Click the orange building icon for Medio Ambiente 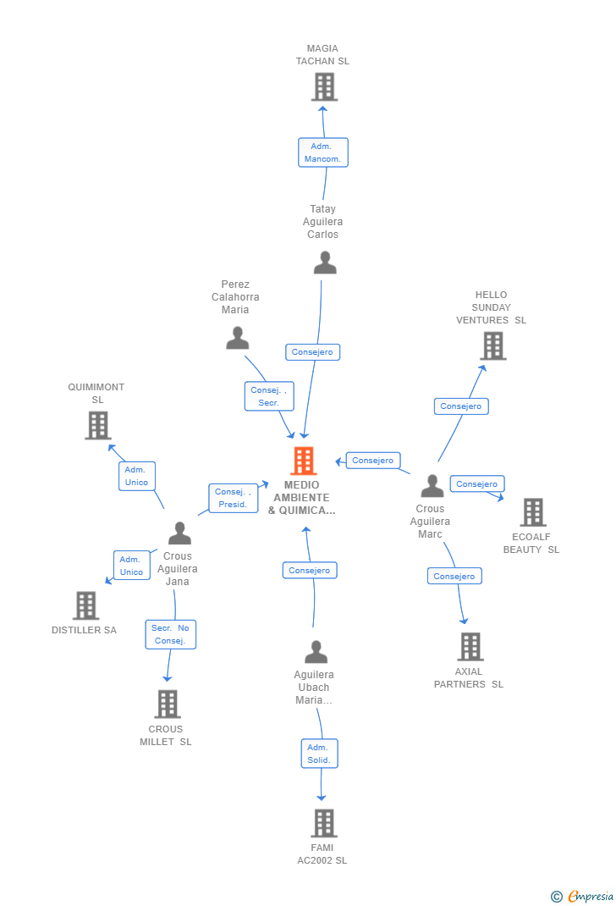303,461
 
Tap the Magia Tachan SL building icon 323,86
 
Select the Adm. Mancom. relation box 322,152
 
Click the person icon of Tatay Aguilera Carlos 325,262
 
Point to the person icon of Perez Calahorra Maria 238,338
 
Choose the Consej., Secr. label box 269,396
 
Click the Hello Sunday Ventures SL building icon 492,345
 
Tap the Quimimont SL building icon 98,425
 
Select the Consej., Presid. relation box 233,498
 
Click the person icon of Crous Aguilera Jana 179,533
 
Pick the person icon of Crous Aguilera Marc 432,486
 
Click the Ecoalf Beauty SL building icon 532,512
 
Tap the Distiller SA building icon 85,605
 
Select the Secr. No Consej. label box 170,634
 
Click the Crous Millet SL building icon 168,704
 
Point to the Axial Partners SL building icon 470,646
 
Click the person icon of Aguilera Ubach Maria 316,652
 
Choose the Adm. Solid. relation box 319,754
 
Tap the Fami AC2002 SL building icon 323,823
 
